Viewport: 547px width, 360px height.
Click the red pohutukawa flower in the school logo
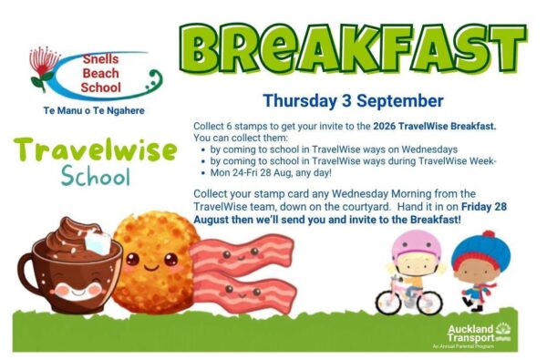(43, 61)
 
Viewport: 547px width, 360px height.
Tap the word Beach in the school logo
(101, 73)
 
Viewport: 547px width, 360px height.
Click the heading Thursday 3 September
(353, 101)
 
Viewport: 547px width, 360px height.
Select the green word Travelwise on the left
(95, 150)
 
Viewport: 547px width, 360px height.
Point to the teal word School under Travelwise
(96, 176)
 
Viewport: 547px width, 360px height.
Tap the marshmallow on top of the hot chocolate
(98, 242)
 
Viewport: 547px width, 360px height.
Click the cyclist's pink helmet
(417, 244)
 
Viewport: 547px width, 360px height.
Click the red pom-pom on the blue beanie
(489, 233)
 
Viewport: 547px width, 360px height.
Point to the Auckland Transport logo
(480, 334)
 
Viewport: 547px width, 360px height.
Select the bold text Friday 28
(484, 207)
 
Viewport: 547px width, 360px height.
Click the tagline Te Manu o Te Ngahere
(94, 110)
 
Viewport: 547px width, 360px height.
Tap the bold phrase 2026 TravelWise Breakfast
(435, 126)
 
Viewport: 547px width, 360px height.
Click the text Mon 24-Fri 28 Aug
(251, 172)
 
